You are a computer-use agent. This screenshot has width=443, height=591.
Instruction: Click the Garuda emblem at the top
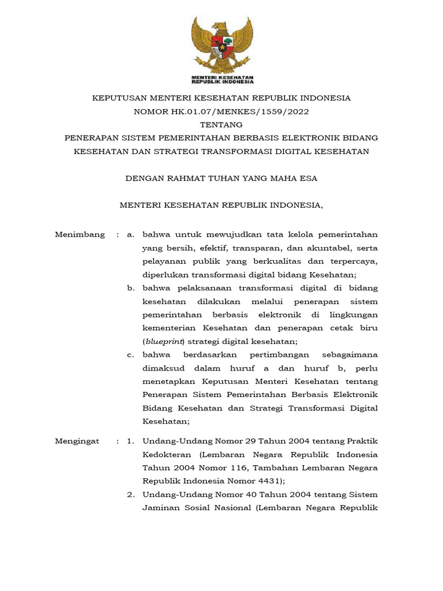pos(222,44)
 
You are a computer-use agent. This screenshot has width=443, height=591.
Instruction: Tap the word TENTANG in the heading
pos(221,125)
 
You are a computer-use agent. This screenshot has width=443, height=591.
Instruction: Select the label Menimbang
pos(80,234)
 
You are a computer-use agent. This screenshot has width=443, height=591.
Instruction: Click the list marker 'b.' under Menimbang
pos(132,287)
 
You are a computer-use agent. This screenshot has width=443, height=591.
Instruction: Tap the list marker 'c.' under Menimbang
pos(131,354)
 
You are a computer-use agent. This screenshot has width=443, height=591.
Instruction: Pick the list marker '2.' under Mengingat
pos(131,494)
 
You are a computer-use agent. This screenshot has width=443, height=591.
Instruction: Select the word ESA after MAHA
pos(307,178)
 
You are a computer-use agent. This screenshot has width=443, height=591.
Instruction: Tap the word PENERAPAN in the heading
pos(92,138)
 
